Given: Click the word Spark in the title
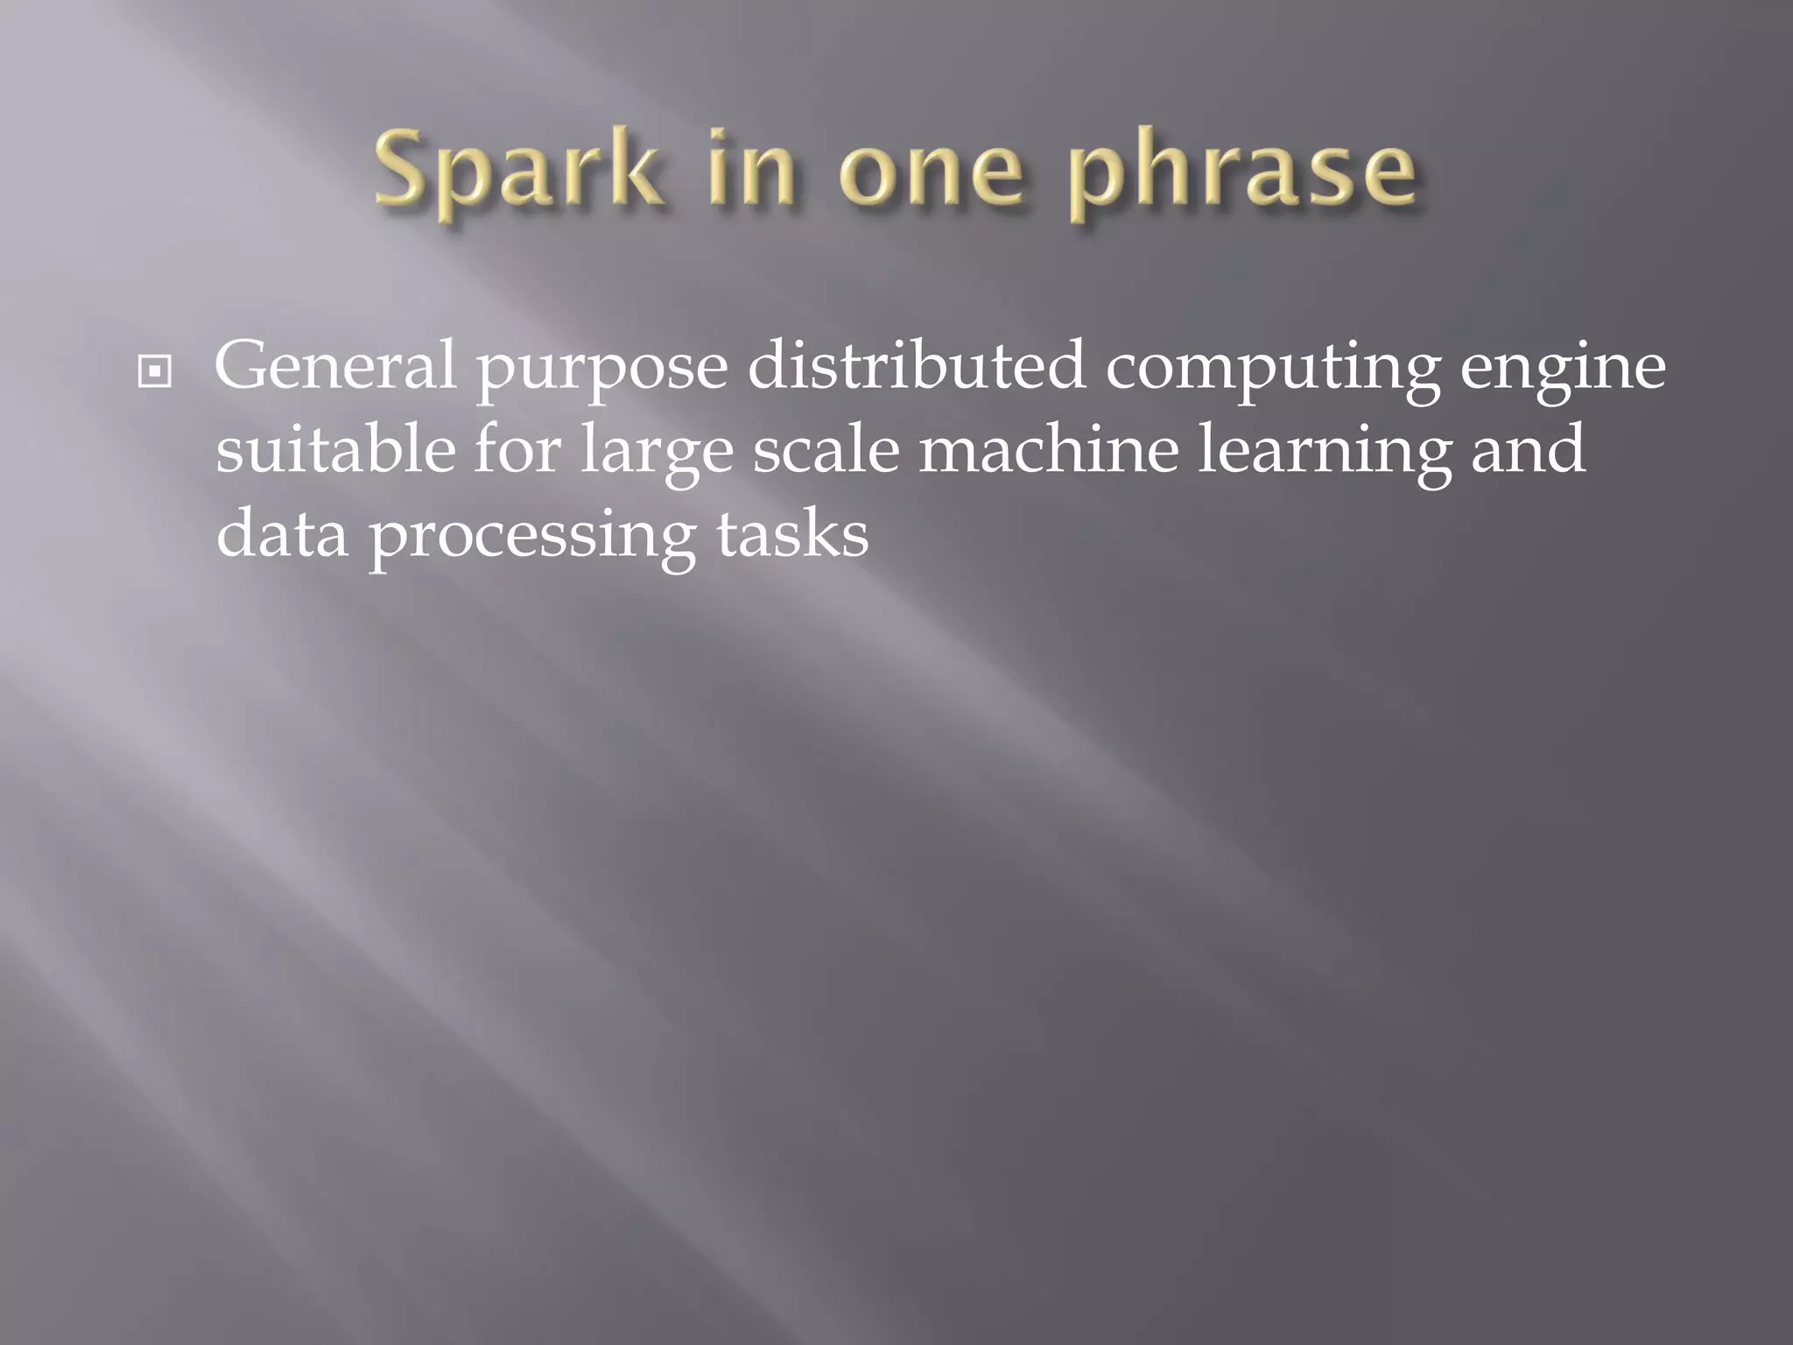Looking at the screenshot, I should click(517, 171).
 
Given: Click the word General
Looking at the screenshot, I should click(335, 366).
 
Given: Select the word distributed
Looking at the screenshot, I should click(917, 366).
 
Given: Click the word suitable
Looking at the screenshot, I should click(335, 449).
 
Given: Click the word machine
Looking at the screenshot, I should click(1049, 449).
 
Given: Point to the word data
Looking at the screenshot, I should click(282, 533).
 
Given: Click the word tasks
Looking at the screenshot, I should click(792, 533).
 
